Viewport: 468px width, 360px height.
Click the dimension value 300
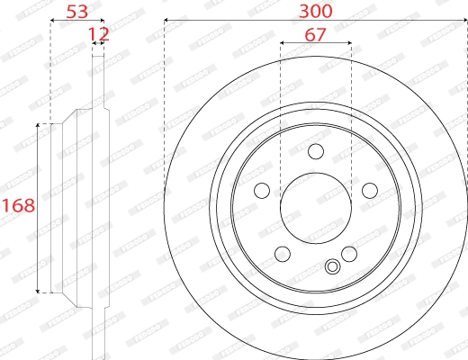coord(315,11)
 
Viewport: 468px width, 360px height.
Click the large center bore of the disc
coord(315,207)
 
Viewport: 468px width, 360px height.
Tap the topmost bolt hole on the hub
coord(315,152)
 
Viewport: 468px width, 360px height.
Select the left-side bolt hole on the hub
coord(262,190)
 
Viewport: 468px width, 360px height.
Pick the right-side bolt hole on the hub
coord(368,190)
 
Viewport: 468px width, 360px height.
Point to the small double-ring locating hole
coord(333,266)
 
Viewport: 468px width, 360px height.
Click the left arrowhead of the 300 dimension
coord(166,21)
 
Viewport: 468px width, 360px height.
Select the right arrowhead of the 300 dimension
coord(463,21)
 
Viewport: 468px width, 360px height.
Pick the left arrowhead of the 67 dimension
coord(283,42)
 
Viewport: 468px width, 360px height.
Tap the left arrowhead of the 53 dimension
coord(52,21)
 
